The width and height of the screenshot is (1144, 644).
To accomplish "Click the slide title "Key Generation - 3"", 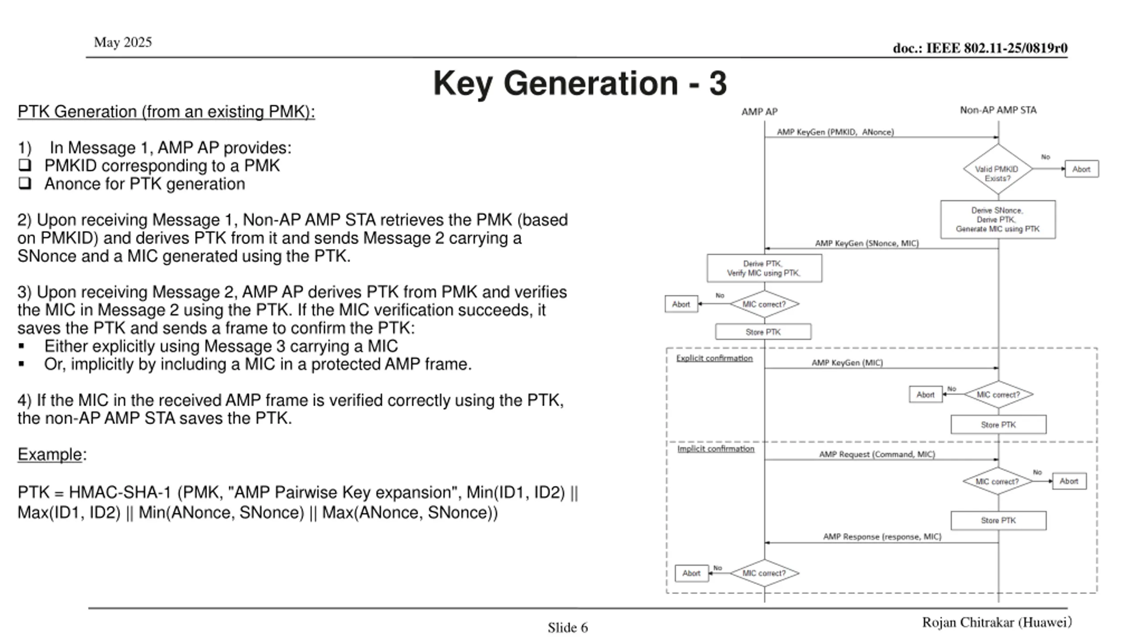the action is tap(580, 83).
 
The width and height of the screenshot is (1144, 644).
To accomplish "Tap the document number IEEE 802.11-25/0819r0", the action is tap(980, 48).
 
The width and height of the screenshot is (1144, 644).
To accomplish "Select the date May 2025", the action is tap(123, 42).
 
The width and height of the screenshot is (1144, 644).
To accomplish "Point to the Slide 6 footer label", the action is tap(568, 628).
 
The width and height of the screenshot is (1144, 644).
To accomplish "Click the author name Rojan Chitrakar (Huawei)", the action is tap(997, 623).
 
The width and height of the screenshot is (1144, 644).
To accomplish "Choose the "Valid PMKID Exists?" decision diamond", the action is tap(998, 169).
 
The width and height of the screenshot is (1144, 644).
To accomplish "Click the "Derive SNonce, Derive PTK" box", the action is tap(998, 220).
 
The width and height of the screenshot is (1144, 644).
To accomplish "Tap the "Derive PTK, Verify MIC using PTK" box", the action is tap(764, 268).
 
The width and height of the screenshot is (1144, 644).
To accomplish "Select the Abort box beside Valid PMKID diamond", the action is tap(1081, 169).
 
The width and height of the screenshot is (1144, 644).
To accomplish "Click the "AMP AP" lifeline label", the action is tap(759, 112).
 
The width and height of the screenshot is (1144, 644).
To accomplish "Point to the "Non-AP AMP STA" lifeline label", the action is tap(998, 110).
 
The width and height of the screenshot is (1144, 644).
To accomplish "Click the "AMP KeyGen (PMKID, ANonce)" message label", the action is tap(835, 132).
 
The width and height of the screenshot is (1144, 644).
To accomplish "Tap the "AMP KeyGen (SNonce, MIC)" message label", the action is tap(867, 243).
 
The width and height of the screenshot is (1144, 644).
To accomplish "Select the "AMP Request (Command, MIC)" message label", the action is tap(877, 454).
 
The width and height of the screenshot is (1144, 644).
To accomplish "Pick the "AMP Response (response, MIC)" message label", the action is tap(882, 537).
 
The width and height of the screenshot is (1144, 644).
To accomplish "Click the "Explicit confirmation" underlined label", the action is tap(715, 358).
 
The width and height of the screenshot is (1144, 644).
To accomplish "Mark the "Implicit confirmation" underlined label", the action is tap(716, 449).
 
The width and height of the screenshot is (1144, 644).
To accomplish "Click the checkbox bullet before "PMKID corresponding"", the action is tap(25, 165).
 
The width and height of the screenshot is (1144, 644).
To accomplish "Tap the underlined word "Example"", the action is tap(50, 454).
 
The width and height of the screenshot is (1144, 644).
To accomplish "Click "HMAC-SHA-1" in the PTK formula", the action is tap(120, 492).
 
